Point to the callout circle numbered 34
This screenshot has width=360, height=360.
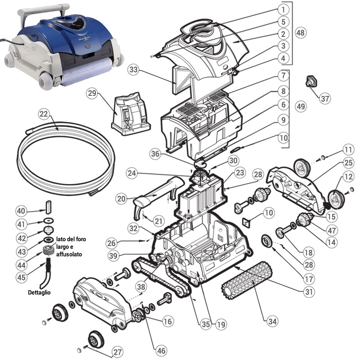(x=271, y=321)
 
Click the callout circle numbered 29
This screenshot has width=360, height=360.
(x=92, y=94)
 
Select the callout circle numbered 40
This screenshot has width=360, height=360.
(x=22, y=211)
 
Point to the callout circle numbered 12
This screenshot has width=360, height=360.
(x=347, y=178)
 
